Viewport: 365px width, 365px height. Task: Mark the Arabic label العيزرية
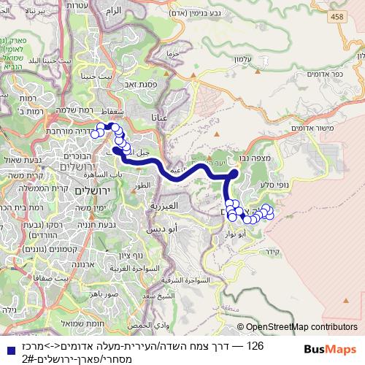(x=164, y=206)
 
